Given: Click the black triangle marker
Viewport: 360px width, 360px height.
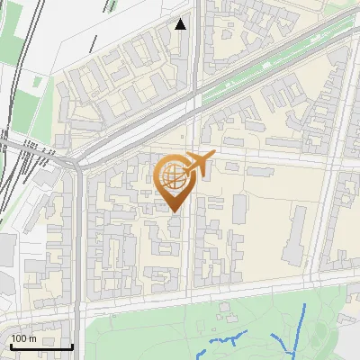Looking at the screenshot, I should [181, 24].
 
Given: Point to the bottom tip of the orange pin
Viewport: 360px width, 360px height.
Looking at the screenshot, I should [174, 211].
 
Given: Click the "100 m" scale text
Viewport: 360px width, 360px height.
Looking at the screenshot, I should [23, 338].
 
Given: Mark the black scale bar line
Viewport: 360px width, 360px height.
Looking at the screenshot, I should [41, 346].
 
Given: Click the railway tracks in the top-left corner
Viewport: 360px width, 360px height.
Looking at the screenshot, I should [22, 54].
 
